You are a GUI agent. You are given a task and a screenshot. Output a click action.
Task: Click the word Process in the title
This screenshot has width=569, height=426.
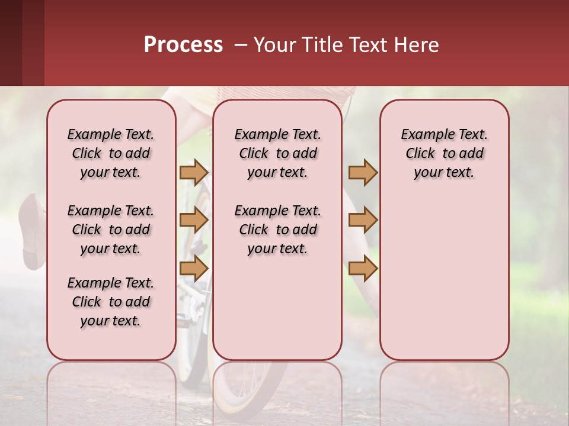[183, 44]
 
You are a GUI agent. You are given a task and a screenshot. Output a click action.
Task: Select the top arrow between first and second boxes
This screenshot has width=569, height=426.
[194, 172]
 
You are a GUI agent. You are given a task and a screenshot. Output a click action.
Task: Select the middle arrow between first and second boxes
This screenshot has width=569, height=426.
[194, 220]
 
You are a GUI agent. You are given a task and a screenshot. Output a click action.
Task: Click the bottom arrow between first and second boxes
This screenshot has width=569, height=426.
[194, 268]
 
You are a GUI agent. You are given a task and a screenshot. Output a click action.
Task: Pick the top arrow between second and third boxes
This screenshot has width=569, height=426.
[363, 172]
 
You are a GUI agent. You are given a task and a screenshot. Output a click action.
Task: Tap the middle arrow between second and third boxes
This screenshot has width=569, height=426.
[363, 220]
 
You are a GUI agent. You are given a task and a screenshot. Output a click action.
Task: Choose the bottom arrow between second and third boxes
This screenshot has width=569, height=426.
[363, 268]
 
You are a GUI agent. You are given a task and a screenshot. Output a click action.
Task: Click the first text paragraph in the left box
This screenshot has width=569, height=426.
[111, 153]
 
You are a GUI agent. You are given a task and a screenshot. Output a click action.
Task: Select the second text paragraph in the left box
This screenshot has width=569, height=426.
[111, 230]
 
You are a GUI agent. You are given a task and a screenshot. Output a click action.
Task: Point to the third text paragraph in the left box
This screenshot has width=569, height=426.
[111, 302]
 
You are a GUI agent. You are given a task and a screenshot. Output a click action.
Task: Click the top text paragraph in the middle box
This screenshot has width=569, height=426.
[277, 153]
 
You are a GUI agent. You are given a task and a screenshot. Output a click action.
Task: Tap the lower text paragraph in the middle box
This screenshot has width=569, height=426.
[277, 230]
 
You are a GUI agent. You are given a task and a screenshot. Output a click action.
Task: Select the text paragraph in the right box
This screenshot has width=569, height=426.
[444, 153]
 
